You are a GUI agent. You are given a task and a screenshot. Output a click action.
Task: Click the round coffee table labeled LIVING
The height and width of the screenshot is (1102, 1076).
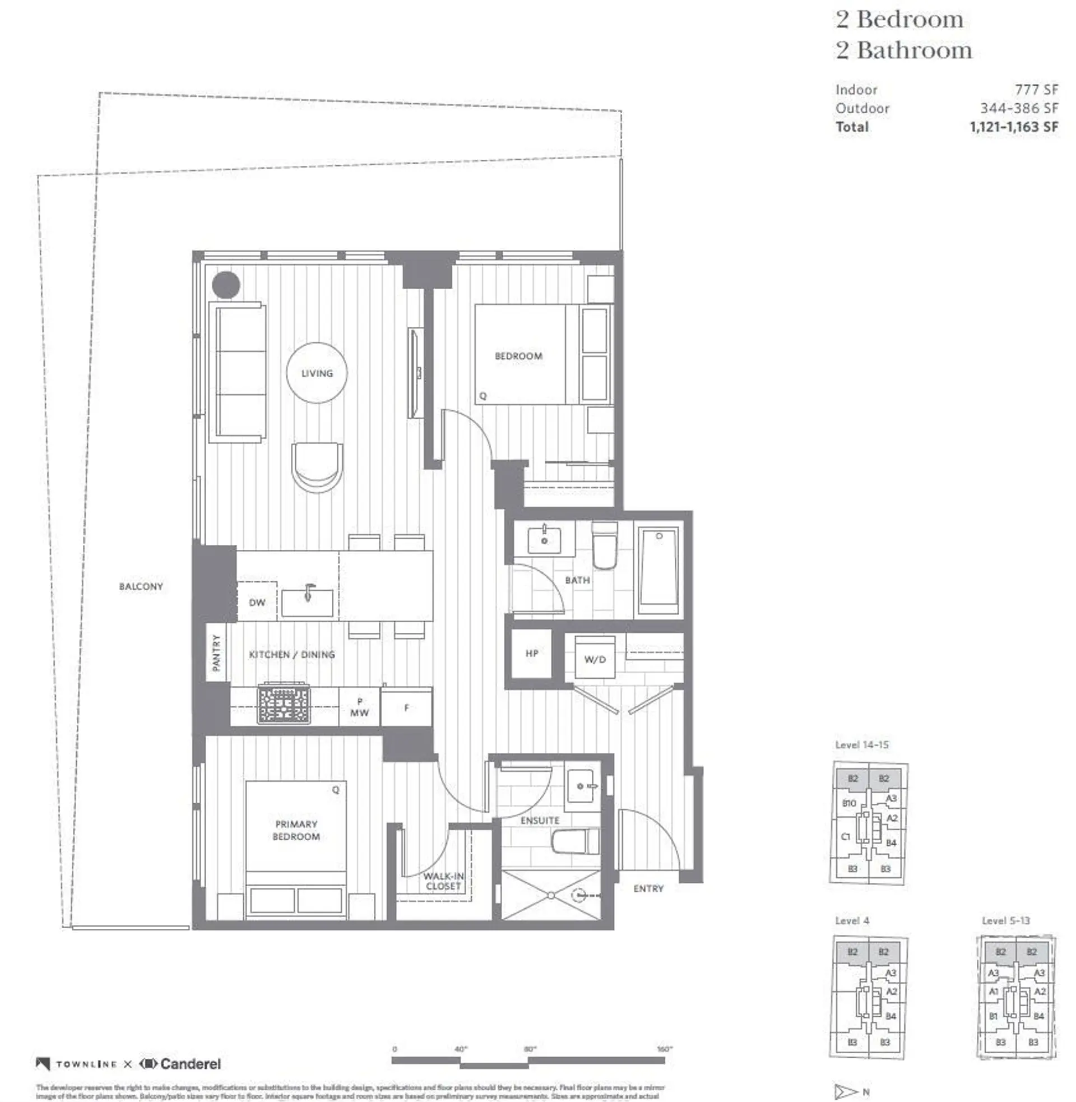317,373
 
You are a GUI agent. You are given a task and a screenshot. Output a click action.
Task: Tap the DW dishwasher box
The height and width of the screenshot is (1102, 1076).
257,602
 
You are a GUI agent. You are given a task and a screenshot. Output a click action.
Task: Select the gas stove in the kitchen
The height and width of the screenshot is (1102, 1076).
284,704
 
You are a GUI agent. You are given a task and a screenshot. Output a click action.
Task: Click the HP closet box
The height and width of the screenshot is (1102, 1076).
531,653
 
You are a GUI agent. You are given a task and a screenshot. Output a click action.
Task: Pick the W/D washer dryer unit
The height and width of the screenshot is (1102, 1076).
595,658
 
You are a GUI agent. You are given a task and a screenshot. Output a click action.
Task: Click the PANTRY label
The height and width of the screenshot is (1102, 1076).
216,652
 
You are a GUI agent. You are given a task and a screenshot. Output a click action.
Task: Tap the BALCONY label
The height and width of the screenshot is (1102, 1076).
141,587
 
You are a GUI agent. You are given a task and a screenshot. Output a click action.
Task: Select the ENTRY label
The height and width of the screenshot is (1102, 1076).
648,888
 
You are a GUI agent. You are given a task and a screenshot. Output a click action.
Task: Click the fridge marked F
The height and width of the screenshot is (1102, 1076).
406,707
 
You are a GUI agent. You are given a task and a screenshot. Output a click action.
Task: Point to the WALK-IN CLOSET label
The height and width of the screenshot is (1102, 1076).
444,881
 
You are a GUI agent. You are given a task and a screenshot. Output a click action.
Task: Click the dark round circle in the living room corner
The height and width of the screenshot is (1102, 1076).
226,285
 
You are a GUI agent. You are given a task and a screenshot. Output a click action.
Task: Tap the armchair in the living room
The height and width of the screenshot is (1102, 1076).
317,467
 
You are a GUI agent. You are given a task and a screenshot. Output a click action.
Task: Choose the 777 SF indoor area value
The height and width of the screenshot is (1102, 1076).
1036,90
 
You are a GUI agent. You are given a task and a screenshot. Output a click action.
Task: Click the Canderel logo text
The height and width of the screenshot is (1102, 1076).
191,1063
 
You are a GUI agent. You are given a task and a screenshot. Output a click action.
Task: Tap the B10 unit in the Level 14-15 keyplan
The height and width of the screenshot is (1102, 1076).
849,803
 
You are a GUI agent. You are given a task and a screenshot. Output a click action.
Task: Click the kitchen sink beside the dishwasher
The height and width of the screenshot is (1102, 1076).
308,603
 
